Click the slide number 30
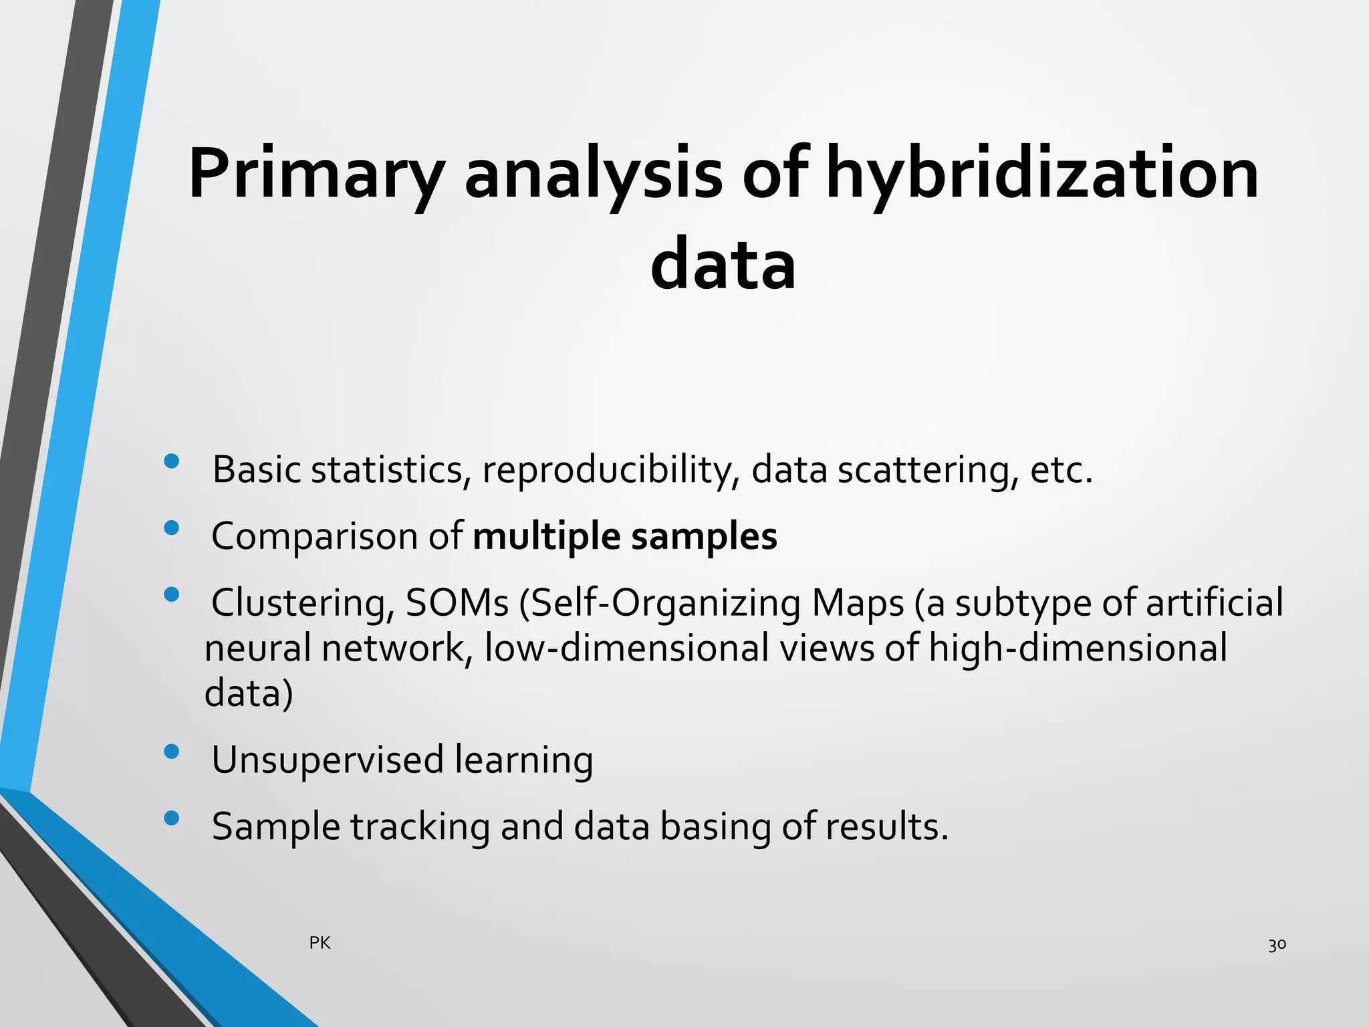[1277, 945]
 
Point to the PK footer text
[320, 943]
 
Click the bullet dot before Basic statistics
[171, 461]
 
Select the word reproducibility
[610, 470]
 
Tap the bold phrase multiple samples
[624, 536]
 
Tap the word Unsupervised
[328, 760]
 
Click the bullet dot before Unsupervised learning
[171, 752]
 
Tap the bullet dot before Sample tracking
[171, 818]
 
